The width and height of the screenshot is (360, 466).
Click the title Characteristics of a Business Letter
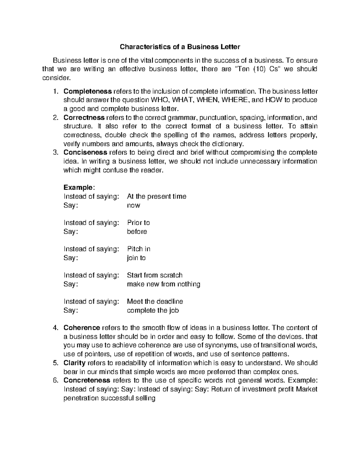tap(180, 47)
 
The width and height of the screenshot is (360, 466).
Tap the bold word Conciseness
tap(85, 152)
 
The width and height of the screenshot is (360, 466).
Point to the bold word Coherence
tap(82, 328)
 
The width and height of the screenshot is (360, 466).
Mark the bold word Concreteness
tap(87, 380)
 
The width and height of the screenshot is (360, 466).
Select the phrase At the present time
tap(157, 197)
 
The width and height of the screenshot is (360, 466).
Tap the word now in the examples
tap(133, 206)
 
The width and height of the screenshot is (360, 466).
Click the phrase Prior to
tap(138, 223)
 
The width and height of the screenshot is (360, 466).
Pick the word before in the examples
tap(137, 232)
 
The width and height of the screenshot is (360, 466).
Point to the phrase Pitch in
tap(139, 249)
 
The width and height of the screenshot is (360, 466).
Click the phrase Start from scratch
tap(154, 275)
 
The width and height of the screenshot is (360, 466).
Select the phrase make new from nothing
tap(163, 284)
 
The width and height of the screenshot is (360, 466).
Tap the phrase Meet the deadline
tap(155, 302)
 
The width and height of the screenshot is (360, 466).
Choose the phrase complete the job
tap(153, 311)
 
